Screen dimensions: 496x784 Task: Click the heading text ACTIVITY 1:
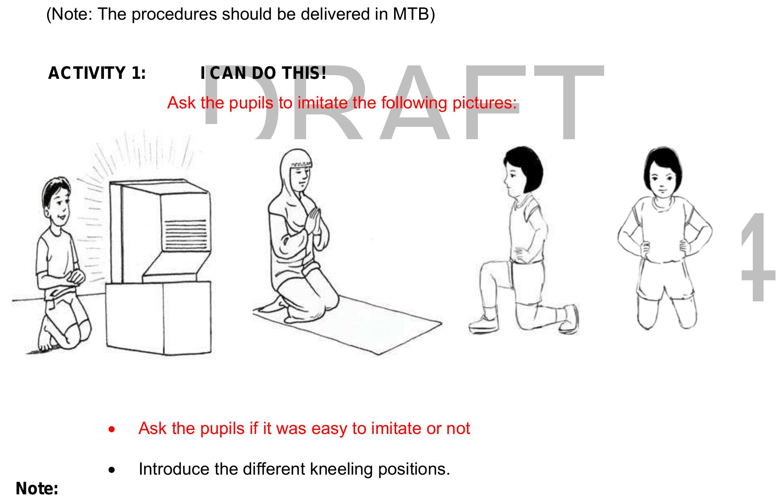click(97, 73)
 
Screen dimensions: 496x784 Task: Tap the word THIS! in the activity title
click(304, 73)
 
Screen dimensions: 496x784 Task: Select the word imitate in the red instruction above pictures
click(323, 103)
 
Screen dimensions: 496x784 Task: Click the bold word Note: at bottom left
click(37, 489)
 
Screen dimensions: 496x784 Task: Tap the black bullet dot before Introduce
click(111, 471)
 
